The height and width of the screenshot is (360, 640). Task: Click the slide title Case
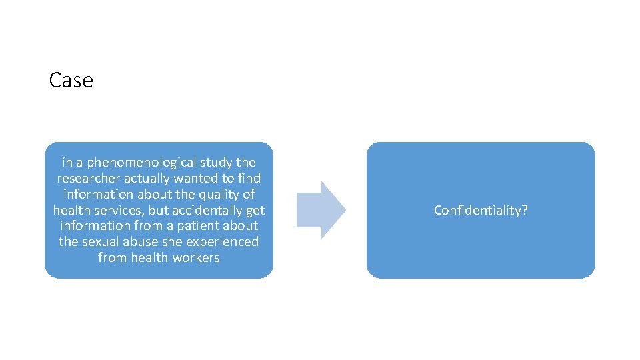(71, 81)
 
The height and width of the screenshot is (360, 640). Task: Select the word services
(117, 210)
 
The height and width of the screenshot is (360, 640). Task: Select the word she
(172, 241)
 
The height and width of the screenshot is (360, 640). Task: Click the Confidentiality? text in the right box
(480, 210)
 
